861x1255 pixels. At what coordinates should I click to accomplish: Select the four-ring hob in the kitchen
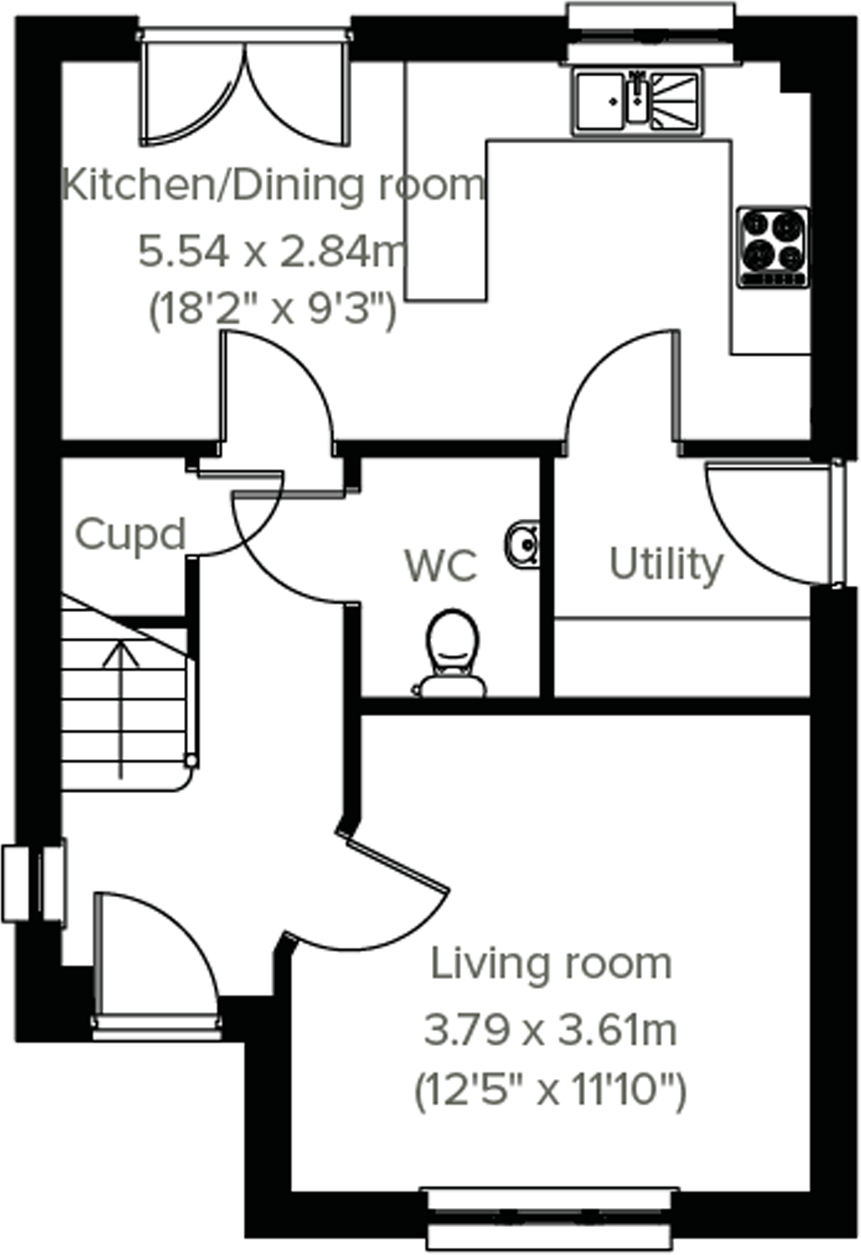tap(772, 246)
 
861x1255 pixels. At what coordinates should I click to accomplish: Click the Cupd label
tap(130, 536)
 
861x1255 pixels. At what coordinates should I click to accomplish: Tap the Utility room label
tap(666, 565)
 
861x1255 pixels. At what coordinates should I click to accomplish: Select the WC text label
tap(441, 566)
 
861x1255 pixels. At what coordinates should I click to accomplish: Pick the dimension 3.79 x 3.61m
tap(550, 1030)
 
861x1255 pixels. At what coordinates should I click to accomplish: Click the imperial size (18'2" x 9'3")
tap(273, 310)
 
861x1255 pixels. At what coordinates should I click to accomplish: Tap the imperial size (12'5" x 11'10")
tap(550, 1090)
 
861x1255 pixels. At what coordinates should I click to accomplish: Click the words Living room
tap(550, 964)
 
